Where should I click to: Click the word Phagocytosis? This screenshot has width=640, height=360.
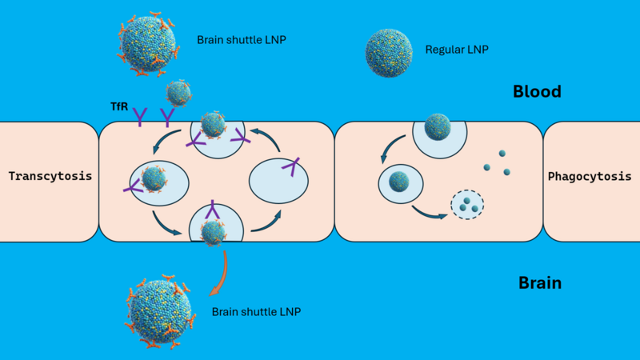pyautogui.click(x=590, y=177)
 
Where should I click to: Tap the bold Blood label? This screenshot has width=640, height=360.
pyautogui.click(x=537, y=92)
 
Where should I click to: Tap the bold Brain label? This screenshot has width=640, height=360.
pyautogui.click(x=539, y=282)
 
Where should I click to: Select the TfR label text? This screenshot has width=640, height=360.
pyautogui.click(x=119, y=106)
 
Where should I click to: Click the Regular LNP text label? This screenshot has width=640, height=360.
pyautogui.click(x=457, y=50)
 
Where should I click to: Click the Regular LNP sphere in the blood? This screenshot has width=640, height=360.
pyautogui.click(x=389, y=54)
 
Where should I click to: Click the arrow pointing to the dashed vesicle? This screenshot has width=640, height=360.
pyautogui.click(x=430, y=213)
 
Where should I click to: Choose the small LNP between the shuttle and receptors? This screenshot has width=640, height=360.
pyautogui.click(x=179, y=93)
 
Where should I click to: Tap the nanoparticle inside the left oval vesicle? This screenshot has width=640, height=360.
pyautogui.click(x=152, y=180)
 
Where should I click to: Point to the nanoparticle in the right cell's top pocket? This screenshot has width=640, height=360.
pyautogui.click(x=438, y=126)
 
